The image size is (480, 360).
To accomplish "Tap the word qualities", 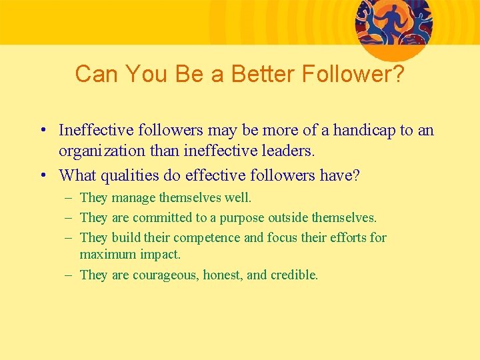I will pos(126,175).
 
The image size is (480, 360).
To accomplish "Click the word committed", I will pos(160,218).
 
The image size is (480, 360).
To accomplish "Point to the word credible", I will pos(294,275).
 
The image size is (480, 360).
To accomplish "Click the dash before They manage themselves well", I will pos(70,198).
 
